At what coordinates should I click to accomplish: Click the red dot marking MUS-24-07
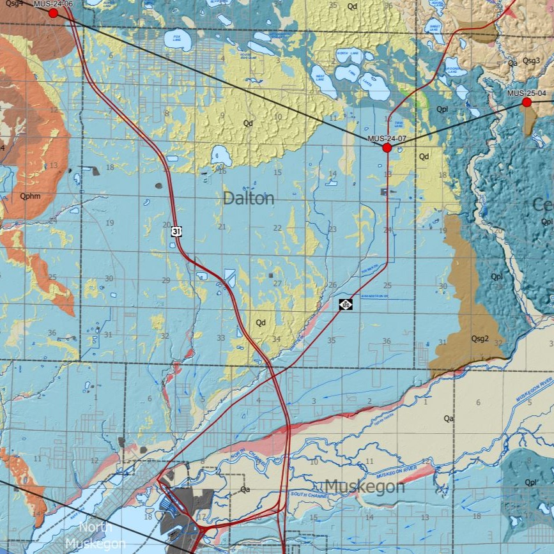click(387, 148)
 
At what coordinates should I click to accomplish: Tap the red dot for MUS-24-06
click(53, 13)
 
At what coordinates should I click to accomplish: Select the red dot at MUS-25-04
click(527, 102)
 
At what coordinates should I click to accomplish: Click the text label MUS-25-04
click(527, 93)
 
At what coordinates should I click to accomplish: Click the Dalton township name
click(249, 199)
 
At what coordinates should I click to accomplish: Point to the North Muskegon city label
click(95, 535)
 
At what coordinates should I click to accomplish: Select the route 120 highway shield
click(346, 305)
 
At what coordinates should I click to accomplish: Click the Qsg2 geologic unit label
click(480, 339)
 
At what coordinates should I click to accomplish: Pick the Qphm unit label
click(30, 196)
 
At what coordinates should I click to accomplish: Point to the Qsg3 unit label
click(531, 61)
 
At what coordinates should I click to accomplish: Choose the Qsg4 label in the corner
click(13, 4)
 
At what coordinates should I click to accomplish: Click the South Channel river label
click(308, 495)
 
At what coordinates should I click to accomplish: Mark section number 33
click(221, 338)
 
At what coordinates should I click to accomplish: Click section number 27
click(277, 284)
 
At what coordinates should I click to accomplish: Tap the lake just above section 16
click(221, 155)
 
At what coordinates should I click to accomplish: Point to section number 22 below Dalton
click(277, 228)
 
